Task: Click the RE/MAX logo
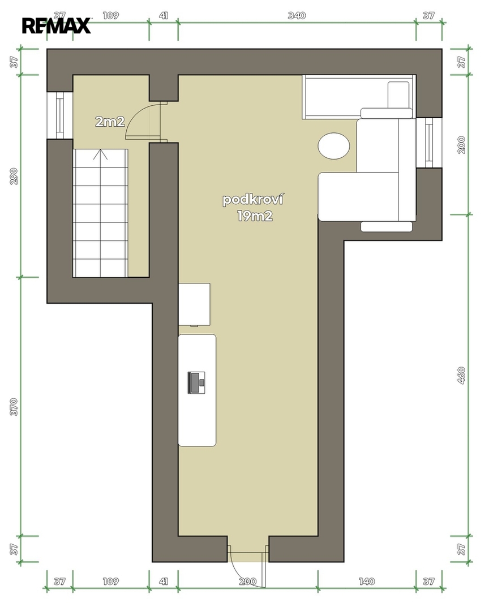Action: [x=56, y=25]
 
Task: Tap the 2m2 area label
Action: [x=110, y=122]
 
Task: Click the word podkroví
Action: [x=252, y=200]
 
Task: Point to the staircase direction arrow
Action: [x=101, y=154]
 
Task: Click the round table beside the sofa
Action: [x=334, y=146]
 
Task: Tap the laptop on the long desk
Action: [x=196, y=382]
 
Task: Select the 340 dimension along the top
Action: [x=297, y=16]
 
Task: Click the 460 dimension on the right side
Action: [x=461, y=375]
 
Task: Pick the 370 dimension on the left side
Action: [x=14, y=407]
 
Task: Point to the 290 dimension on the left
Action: [x=14, y=176]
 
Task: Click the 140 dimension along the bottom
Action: [x=367, y=582]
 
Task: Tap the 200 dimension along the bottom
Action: [x=248, y=582]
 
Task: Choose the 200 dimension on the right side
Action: [x=461, y=145]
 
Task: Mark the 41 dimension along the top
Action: [x=164, y=16]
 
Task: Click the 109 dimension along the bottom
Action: [x=111, y=582]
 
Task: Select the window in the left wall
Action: [x=60, y=115]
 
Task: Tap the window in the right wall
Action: [x=429, y=143]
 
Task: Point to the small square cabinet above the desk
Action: [x=194, y=304]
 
